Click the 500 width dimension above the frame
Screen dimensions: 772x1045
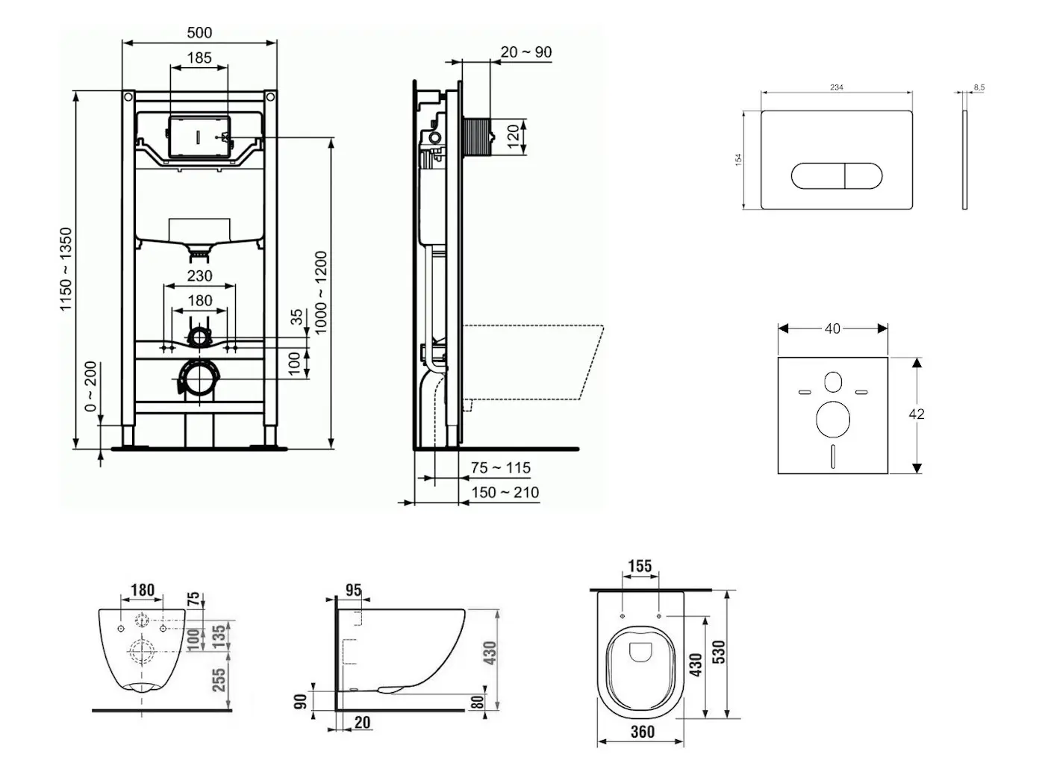[199, 33]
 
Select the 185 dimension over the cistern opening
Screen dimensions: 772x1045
[199, 57]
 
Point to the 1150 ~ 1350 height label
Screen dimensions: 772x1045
[66, 270]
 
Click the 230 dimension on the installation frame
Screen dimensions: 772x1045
[199, 276]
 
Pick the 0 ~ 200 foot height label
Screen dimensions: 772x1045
[90, 387]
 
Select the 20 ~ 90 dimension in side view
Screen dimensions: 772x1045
[526, 52]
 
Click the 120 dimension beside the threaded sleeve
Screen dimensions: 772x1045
[514, 137]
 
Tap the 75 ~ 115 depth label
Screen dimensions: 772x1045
[501, 468]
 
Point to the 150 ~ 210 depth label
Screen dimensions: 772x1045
[505, 493]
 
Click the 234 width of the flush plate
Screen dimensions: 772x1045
[837, 87]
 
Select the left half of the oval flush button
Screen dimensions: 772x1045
[817, 176]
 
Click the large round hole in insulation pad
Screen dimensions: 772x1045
[833, 419]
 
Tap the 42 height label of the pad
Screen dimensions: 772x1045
[917, 414]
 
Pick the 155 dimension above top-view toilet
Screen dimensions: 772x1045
[640, 567]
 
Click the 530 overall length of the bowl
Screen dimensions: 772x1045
[719, 652]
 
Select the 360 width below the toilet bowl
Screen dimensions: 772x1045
[642, 732]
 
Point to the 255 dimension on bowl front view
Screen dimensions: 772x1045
[219, 680]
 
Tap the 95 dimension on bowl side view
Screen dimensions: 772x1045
[353, 591]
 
